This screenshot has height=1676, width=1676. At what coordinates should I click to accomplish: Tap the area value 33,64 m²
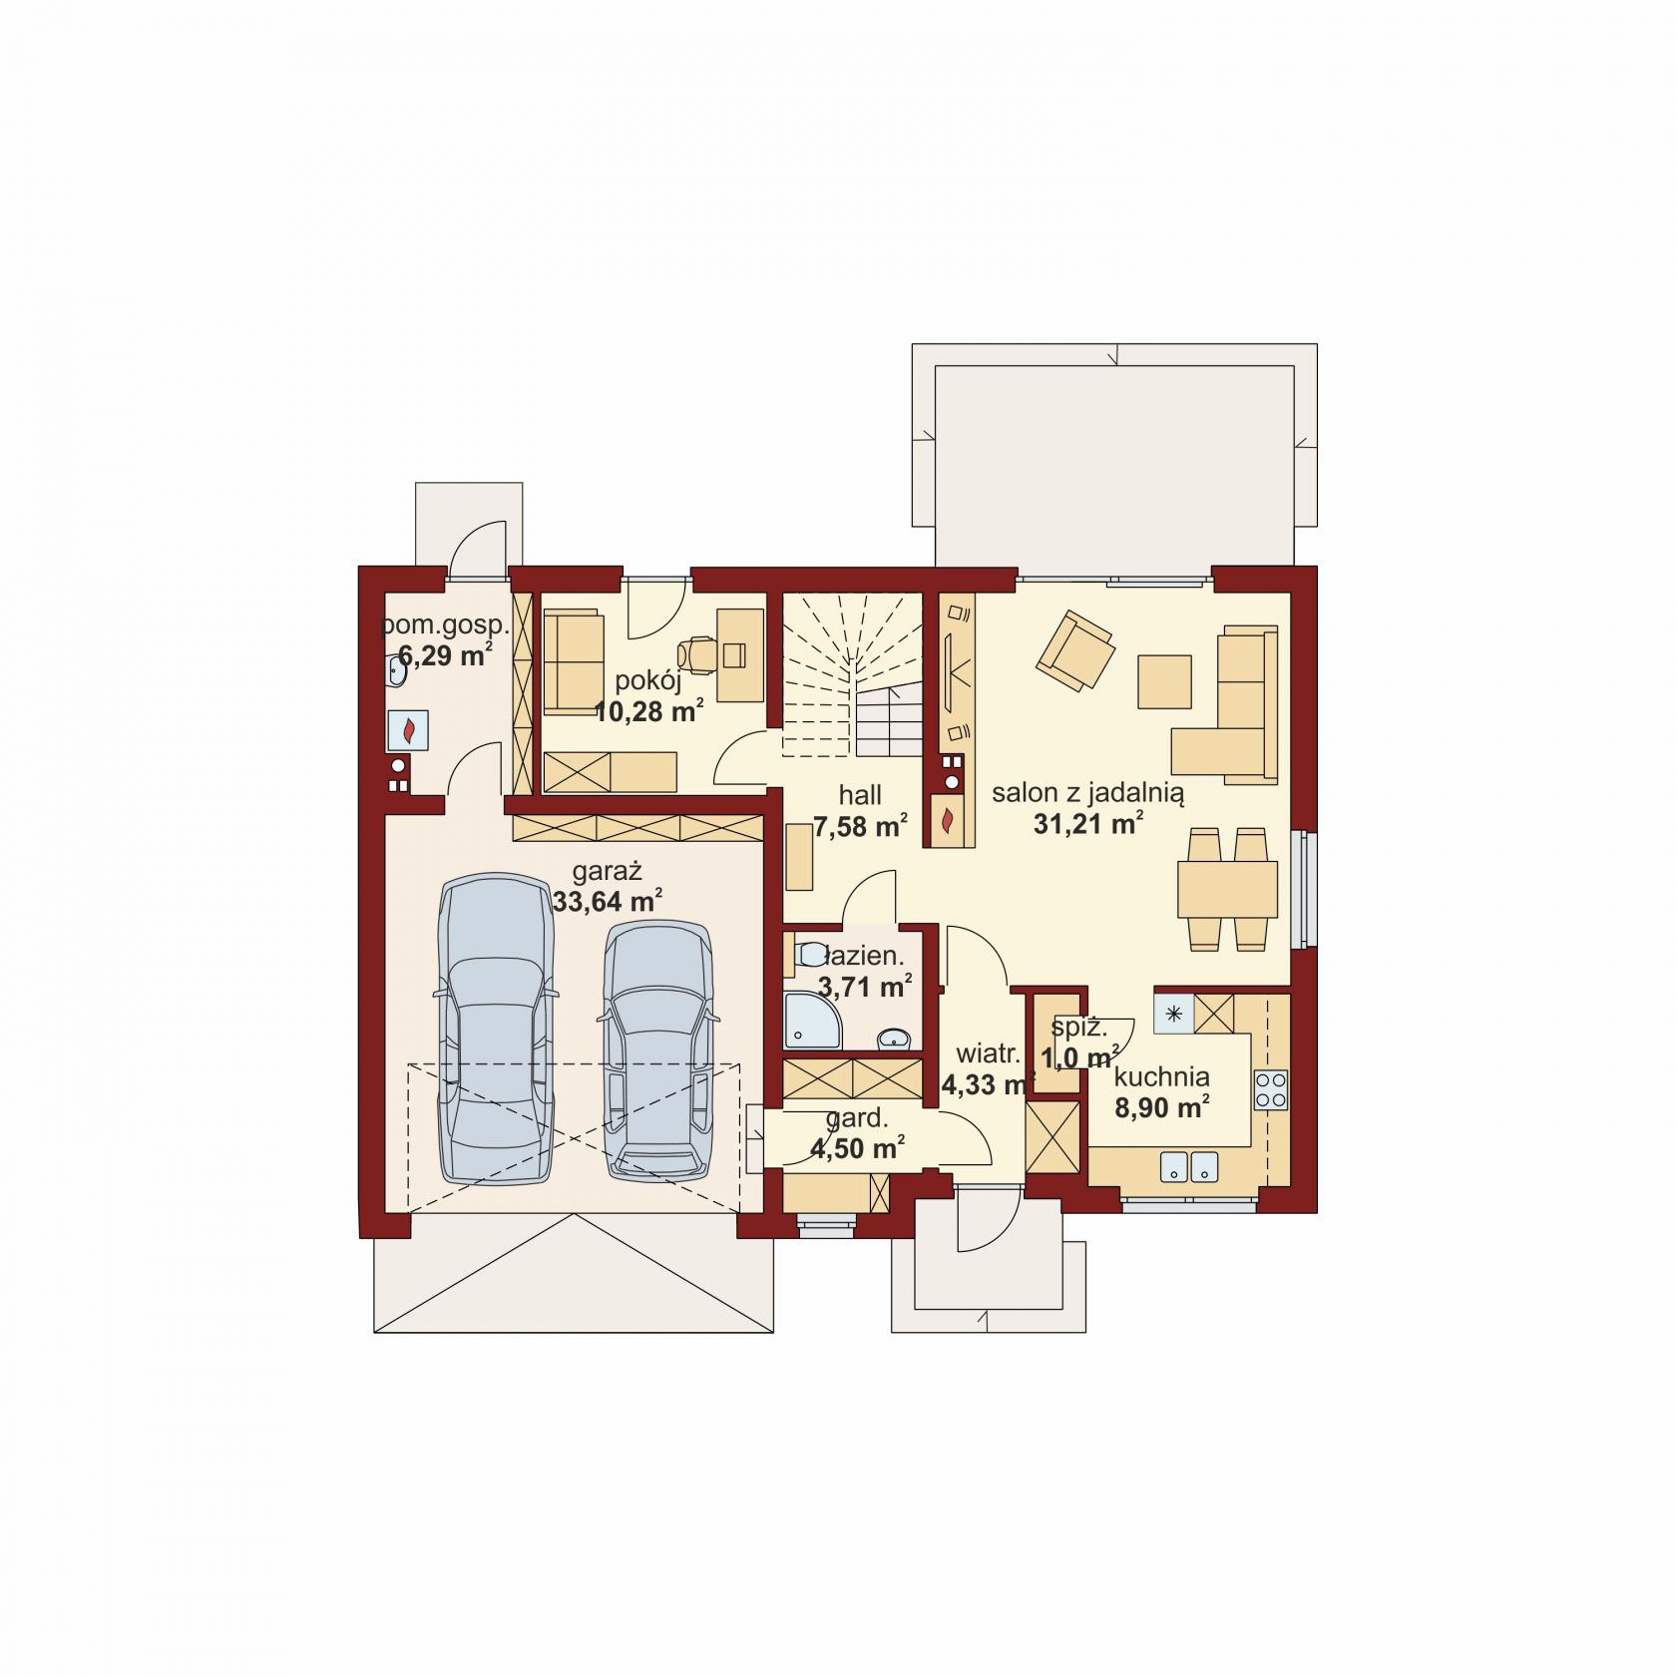coord(608,901)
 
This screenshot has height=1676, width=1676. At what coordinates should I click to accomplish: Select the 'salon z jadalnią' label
coord(1087,793)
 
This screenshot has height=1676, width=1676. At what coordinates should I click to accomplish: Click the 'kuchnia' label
coord(1162,1076)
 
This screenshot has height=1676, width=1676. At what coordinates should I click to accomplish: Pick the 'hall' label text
coord(860,795)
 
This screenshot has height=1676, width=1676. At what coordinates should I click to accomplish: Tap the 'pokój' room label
coord(648,682)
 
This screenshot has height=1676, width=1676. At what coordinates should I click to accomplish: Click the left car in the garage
coord(496,1030)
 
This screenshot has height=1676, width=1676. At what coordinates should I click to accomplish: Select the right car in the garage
coord(657,1051)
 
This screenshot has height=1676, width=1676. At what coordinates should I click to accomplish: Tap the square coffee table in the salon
coord(1164,681)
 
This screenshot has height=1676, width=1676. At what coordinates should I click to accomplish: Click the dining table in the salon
coord(1227,889)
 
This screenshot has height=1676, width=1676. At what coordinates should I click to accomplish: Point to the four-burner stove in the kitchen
coord(1271,1089)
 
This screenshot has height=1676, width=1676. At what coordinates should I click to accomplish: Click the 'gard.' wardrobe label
coord(857,1119)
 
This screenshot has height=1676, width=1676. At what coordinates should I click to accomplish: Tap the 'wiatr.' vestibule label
coord(988,1053)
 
